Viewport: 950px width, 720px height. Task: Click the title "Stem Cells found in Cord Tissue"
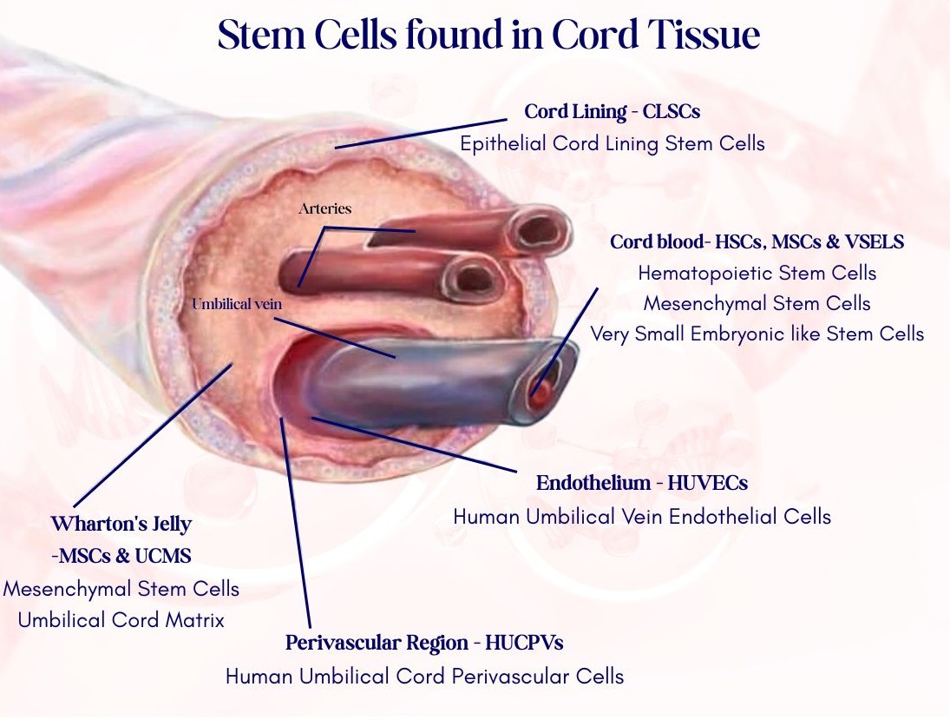pyautogui.click(x=488, y=34)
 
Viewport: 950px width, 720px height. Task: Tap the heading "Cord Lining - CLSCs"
pyautogui.click(x=612, y=112)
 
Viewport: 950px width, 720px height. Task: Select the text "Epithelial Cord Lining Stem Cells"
pyautogui.click(x=612, y=144)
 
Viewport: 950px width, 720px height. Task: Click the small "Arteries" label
pyautogui.click(x=324, y=208)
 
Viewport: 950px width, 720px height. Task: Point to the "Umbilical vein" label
pyautogui.click(x=237, y=304)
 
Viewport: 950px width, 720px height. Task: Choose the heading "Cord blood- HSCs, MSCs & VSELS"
pyautogui.click(x=757, y=242)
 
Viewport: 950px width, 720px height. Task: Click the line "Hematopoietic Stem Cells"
pyautogui.click(x=757, y=273)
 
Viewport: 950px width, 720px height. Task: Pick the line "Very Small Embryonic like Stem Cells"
pyautogui.click(x=757, y=334)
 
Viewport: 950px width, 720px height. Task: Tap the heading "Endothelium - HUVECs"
pyautogui.click(x=642, y=483)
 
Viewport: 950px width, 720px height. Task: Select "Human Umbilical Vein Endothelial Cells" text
pyautogui.click(x=642, y=517)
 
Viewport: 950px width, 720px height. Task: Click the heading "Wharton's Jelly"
pyautogui.click(x=121, y=524)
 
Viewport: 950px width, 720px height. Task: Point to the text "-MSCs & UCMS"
pyautogui.click(x=121, y=556)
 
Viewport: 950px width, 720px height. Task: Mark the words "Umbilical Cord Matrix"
pyautogui.click(x=121, y=620)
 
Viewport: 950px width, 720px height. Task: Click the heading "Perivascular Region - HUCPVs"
pyautogui.click(x=424, y=643)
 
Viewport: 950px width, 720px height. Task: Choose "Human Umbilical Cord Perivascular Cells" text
pyautogui.click(x=424, y=677)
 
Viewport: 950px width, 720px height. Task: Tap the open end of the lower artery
pyautogui.click(x=473, y=279)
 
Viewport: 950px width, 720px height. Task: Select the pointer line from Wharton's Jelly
pyautogui.click(x=153, y=435)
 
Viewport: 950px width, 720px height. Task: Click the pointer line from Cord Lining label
pyautogui.click(x=421, y=134)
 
